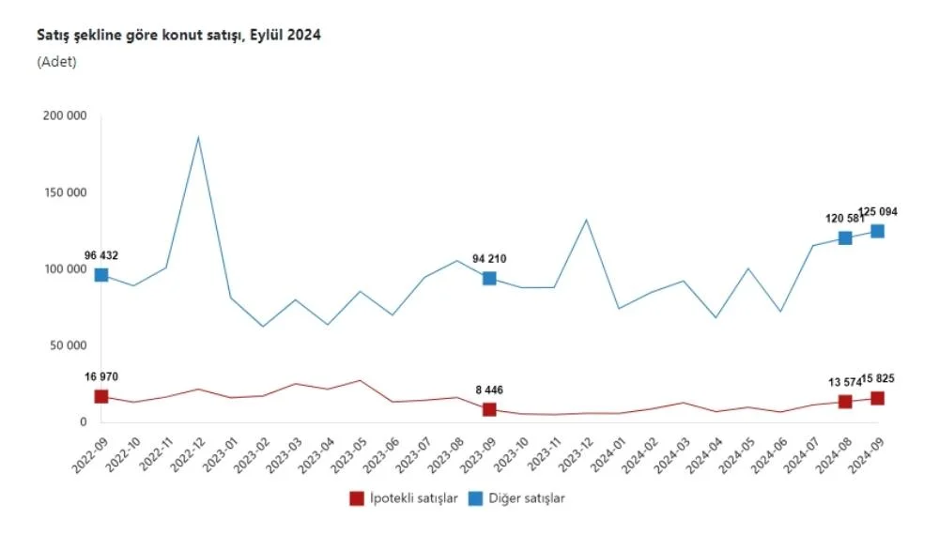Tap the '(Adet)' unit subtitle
pyautogui.click(x=56, y=62)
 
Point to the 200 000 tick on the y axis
pyautogui.click(x=65, y=115)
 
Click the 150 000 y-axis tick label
pyautogui.click(x=65, y=192)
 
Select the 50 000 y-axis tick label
pyautogui.click(x=69, y=345)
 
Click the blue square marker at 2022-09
pyautogui.click(x=101, y=275)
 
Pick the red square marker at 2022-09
pyautogui.click(x=101, y=397)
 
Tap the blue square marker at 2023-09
pyautogui.click(x=489, y=279)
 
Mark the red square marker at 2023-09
pyautogui.click(x=489, y=410)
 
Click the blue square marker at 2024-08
pyautogui.click(x=845, y=238)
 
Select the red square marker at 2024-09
pyautogui.click(x=877, y=399)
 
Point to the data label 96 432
pyautogui.click(x=100, y=255)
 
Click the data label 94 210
pyautogui.click(x=489, y=258)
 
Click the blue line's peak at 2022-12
pyautogui.click(x=198, y=138)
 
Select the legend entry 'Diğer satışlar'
pyautogui.click(x=525, y=498)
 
